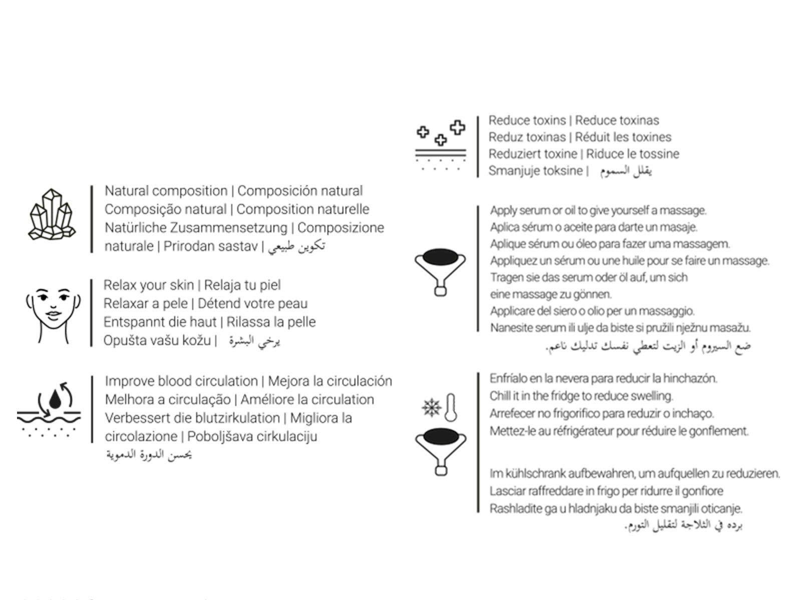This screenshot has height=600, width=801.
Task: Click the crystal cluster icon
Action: [52, 214]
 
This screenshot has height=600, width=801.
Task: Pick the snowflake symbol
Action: [431, 407]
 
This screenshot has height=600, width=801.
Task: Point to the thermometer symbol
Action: [451, 407]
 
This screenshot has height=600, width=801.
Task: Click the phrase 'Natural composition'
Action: [166, 191]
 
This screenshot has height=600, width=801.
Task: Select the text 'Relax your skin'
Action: [148, 285]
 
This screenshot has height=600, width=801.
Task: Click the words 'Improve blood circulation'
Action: [181, 381]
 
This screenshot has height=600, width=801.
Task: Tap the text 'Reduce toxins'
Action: [527, 120]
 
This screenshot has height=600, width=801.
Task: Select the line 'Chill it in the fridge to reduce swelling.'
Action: [581, 396]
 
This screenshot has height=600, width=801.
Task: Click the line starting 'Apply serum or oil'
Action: [598, 210]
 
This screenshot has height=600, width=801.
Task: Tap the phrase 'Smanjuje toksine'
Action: [535, 171]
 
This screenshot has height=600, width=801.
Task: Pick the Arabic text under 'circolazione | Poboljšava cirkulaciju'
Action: [149, 455]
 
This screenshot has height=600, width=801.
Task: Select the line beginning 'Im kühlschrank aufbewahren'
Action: [634, 473]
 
